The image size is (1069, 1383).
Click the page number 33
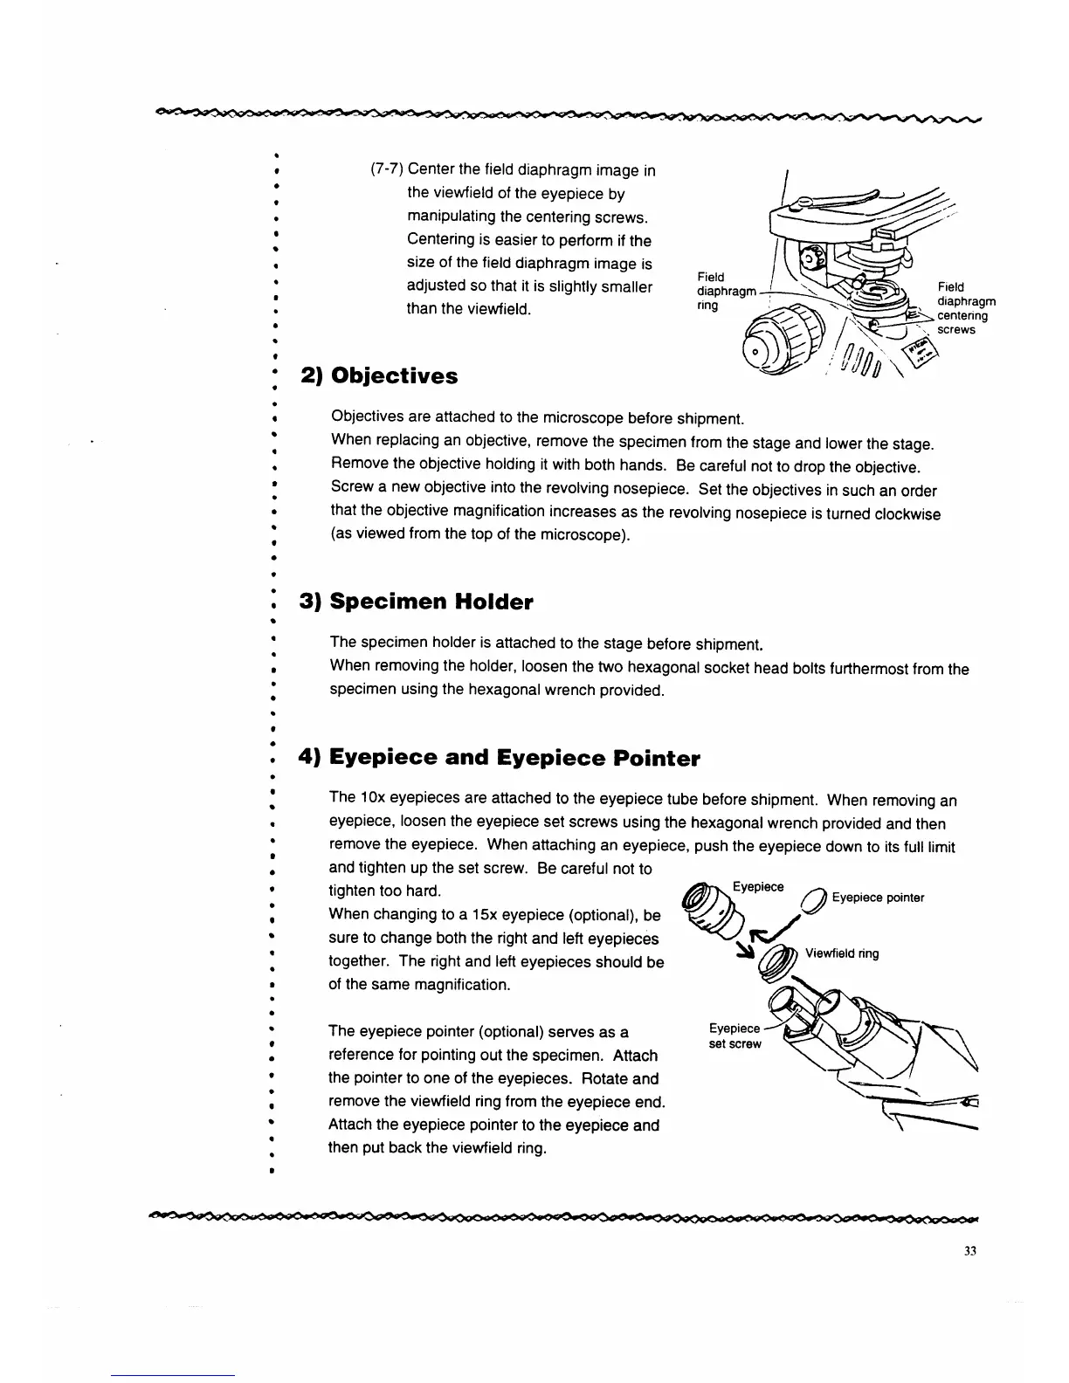[x=969, y=1250]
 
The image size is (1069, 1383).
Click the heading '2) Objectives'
[x=379, y=376]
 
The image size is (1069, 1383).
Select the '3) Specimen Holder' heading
[x=416, y=602]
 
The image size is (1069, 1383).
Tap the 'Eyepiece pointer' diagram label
[x=878, y=898]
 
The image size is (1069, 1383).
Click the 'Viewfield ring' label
[x=842, y=953]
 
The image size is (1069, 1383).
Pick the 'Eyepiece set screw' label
[x=735, y=1036]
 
